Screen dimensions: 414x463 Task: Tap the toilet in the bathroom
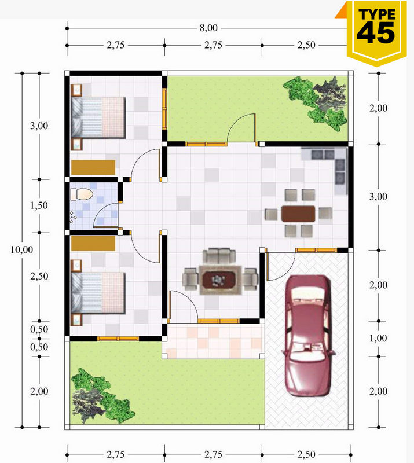[x=82, y=194]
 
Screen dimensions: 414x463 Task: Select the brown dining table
[x=298, y=214]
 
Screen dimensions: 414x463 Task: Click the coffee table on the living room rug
[x=220, y=279]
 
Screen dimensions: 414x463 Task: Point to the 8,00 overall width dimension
[x=208, y=28]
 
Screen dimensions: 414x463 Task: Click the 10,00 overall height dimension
[x=21, y=250]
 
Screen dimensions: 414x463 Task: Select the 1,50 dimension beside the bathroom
[x=39, y=205]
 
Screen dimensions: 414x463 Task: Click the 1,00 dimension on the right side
[x=378, y=338]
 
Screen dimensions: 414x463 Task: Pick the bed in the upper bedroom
[x=98, y=117]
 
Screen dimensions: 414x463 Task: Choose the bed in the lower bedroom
[x=98, y=293]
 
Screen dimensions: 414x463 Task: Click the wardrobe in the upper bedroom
[x=93, y=167]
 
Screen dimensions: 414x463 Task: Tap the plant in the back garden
[x=316, y=103]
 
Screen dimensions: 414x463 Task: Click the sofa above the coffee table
[x=219, y=256]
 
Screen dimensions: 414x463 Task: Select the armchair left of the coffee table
[x=190, y=279]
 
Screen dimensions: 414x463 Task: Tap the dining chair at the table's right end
[x=325, y=213]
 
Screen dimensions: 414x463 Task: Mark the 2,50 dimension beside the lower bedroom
[x=39, y=277]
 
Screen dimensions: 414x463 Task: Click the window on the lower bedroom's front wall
[x=118, y=339]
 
